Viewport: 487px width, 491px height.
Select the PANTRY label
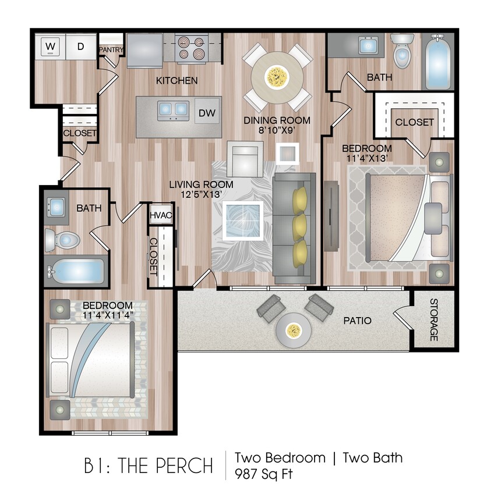coord(111,50)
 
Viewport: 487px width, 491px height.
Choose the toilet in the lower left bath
coord(63,239)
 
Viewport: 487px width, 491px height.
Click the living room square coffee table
coord(241,220)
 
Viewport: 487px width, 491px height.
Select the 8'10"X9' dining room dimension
coord(277,131)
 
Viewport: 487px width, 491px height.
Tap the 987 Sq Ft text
coord(263,474)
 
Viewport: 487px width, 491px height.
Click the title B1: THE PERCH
coord(148,465)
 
